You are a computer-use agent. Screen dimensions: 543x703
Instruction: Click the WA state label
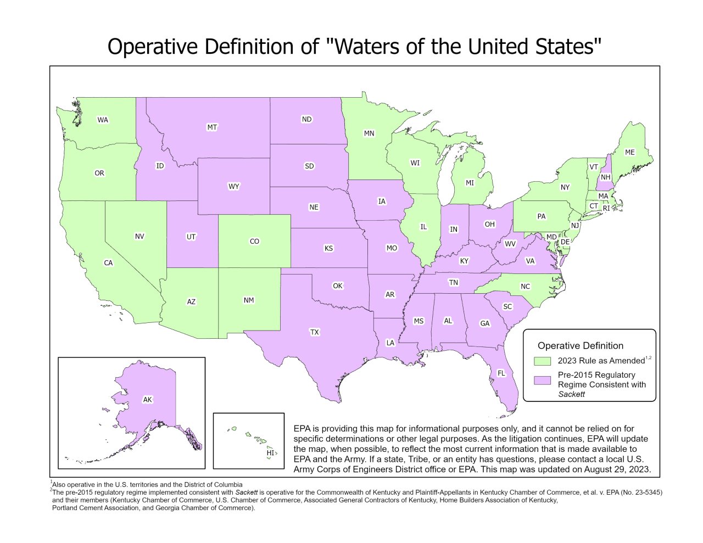coord(103,120)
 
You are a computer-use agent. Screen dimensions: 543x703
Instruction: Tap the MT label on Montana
coord(212,127)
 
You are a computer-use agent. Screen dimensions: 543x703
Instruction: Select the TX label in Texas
coord(314,332)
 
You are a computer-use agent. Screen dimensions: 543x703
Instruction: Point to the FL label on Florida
coord(501,373)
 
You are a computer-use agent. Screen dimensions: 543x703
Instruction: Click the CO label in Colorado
coord(254,241)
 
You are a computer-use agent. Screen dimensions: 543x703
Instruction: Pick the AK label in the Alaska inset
coord(147,400)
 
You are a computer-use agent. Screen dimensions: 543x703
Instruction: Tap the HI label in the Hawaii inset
coord(270,453)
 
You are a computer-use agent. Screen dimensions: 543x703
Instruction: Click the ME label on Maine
coord(629,152)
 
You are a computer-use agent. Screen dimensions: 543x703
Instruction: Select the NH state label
coord(605,177)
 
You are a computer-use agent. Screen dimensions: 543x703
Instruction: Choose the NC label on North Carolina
coord(525,287)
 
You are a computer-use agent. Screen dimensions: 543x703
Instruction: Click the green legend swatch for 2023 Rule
coord(543,361)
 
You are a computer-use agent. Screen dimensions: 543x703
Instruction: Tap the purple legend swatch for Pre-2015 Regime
coord(543,380)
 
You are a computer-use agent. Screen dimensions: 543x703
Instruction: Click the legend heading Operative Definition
coord(580,346)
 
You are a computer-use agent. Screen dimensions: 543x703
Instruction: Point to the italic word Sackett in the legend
coord(571,394)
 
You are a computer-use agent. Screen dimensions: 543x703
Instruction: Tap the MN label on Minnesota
coord(369,133)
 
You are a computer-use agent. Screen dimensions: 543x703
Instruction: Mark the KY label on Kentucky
coord(464,261)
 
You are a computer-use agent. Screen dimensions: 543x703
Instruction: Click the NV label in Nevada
coord(140,236)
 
